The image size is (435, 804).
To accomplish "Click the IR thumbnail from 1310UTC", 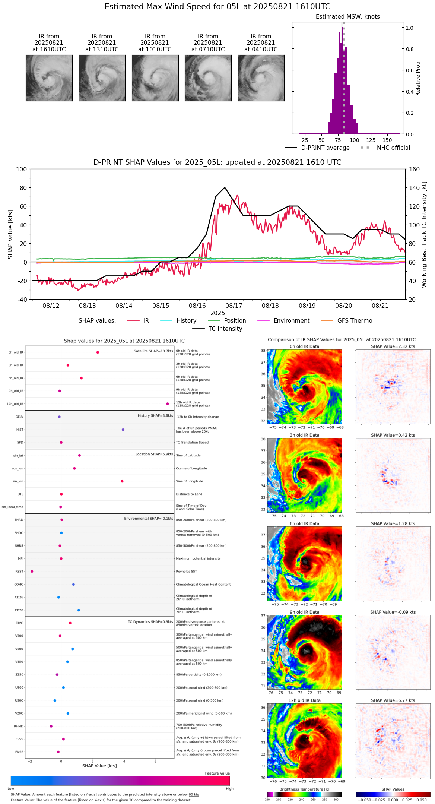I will [102, 78].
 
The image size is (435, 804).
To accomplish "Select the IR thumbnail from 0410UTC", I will [261, 78].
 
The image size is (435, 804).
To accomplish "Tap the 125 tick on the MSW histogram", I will [371, 140].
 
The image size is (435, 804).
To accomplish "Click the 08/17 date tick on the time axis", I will [234, 306].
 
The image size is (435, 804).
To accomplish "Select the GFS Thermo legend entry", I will [355, 321].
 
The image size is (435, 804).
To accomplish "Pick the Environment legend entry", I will [291, 321].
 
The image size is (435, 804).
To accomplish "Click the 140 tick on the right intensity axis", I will [414, 188].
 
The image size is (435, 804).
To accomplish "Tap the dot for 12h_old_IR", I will [168, 404].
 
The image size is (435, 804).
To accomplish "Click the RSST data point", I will [32, 572].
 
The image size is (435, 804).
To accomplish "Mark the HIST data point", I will [123, 430].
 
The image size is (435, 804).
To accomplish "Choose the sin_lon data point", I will [122, 481].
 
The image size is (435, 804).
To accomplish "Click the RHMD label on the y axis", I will [19, 726].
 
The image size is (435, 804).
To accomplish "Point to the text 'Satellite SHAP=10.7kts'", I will [153, 351].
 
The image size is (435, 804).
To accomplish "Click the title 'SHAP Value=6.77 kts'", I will [393, 700].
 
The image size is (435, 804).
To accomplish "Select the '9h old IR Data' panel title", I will [304, 612].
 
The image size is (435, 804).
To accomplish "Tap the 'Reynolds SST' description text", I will [187, 572].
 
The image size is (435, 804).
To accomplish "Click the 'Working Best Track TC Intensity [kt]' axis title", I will [424, 235].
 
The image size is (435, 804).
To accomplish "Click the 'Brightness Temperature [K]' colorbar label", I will [304, 789].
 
